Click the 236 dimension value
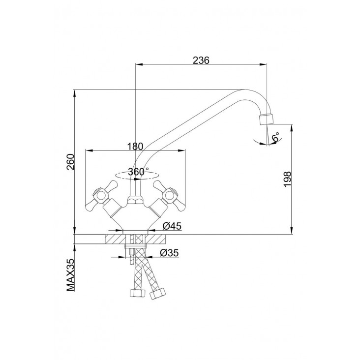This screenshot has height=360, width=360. point(201,60)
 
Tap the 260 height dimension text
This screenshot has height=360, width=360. point(71,162)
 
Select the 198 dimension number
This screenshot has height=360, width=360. point(287,179)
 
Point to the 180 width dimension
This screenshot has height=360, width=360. point(135,146)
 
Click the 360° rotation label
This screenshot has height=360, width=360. point(138,172)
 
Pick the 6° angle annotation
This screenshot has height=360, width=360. point(275,137)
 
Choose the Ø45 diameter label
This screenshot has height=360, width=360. point(172,226)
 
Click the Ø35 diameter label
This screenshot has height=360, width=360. point(169,253)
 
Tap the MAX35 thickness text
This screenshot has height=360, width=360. point(71,275)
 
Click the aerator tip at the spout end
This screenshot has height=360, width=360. point(267,119)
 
